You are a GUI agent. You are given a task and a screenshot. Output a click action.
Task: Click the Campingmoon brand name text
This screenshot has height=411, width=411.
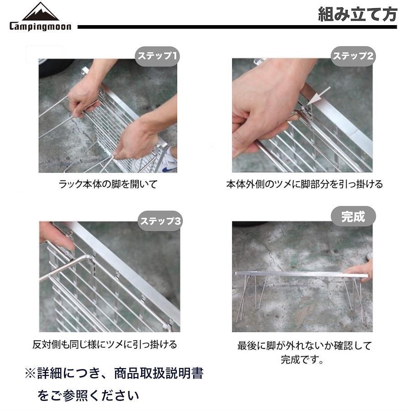(x=40, y=26)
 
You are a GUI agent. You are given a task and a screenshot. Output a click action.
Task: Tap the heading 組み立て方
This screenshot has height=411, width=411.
(x=358, y=14)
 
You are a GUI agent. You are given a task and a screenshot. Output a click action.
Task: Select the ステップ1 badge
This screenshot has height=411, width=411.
(x=157, y=56)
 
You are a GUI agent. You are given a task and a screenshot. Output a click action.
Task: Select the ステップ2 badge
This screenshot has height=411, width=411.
(x=353, y=56)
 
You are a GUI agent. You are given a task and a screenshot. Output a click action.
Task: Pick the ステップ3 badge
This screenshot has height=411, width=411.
(x=160, y=221)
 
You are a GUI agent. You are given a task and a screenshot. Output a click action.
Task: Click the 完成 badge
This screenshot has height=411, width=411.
(x=353, y=216)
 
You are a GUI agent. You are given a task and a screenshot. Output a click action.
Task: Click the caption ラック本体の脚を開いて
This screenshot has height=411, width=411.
(x=108, y=184)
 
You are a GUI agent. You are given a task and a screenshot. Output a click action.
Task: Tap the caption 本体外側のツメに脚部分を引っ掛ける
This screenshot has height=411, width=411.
(x=305, y=184)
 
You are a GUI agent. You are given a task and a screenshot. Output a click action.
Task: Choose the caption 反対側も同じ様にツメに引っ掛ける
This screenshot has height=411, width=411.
(x=105, y=344)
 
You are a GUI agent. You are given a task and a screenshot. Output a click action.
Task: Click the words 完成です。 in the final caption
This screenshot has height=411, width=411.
(x=302, y=359)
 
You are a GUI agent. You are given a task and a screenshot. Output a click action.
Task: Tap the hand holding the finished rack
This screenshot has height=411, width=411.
(x=359, y=269)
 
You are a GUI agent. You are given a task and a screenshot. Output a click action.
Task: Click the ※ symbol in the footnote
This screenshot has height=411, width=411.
(x=30, y=374)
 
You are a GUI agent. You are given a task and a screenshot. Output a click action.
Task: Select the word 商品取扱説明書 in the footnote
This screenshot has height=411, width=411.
(x=158, y=373)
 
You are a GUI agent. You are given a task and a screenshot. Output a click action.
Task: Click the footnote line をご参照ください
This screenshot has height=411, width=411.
(x=88, y=395)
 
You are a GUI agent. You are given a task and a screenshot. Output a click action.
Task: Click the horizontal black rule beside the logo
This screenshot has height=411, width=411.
(x=237, y=27)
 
